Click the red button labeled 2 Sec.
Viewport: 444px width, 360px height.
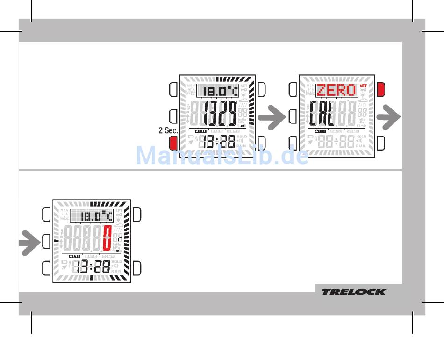pyautogui.click(x=173, y=143)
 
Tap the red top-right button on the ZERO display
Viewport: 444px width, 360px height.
pyautogui.click(x=381, y=88)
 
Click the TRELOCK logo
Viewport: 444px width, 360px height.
pyautogui.click(x=353, y=292)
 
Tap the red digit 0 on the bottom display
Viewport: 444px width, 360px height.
pyautogui.click(x=107, y=238)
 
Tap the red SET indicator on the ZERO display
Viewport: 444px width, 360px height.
pyautogui.click(x=363, y=86)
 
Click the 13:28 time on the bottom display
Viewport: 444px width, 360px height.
pyautogui.click(x=94, y=267)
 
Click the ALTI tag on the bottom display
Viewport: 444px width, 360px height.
pyautogui.click(x=75, y=257)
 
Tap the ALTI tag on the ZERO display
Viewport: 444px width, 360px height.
pyautogui.click(x=320, y=131)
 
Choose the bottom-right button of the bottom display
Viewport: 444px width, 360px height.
pyautogui.click(x=137, y=268)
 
